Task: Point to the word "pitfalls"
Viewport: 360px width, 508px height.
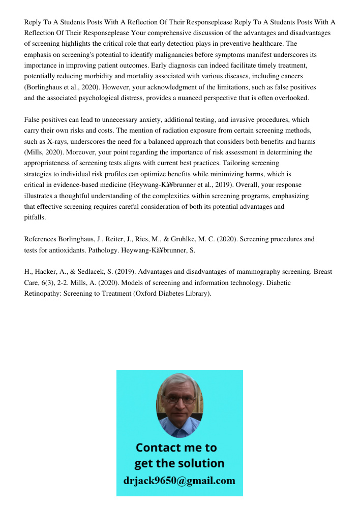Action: click(x=35, y=217)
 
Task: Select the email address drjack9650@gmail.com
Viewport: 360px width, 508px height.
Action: click(x=179, y=480)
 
